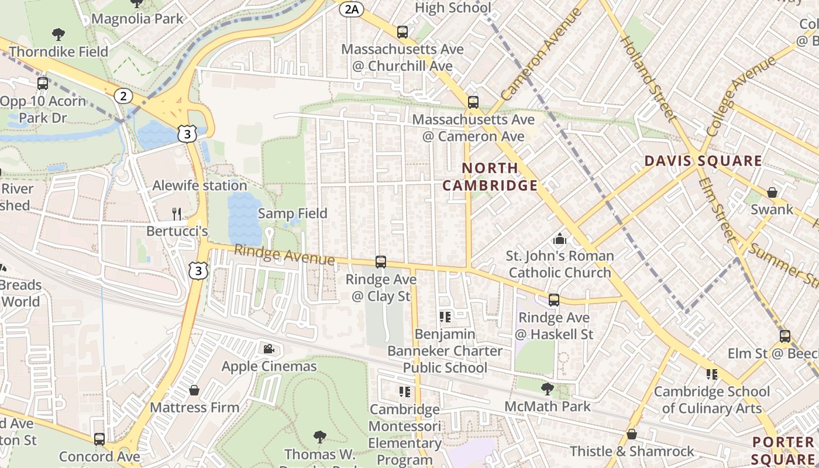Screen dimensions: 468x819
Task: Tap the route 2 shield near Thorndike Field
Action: (x=123, y=96)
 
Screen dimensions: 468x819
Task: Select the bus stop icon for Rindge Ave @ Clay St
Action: (x=381, y=261)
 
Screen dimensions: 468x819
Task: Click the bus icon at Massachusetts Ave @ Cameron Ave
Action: (x=473, y=102)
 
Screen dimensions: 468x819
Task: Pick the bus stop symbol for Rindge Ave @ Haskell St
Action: (x=553, y=300)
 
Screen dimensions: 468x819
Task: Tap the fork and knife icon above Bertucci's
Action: (x=177, y=214)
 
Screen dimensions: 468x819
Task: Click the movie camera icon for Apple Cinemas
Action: (x=269, y=349)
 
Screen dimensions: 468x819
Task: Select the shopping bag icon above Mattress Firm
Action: (x=194, y=390)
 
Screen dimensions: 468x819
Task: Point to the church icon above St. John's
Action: (x=560, y=239)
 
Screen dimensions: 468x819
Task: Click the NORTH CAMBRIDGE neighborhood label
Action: (x=490, y=177)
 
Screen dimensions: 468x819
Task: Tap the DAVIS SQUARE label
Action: (x=703, y=161)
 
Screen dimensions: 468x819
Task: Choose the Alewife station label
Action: (x=199, y=185)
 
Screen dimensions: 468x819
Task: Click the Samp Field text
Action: (x=292, y=214)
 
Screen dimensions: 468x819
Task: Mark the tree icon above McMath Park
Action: (x=547, y=388)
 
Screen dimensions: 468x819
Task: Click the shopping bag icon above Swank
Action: (x=772, y=192)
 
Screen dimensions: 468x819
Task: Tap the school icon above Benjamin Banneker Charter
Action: (x=445, y=317)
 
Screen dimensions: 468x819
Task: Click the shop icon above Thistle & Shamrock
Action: (x=632, y=434)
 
